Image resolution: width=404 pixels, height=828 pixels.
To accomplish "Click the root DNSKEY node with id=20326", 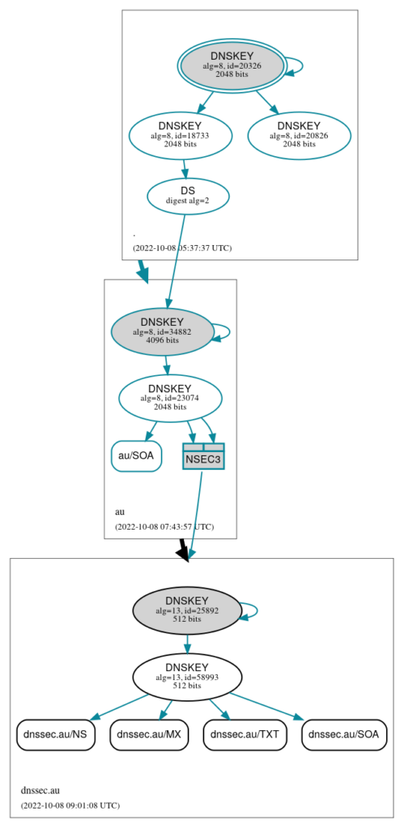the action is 232,66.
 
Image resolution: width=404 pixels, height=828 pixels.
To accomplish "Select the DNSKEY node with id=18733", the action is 181,135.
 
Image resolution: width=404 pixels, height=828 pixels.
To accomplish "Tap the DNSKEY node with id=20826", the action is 300,135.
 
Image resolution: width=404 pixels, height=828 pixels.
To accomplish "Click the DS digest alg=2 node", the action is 188,196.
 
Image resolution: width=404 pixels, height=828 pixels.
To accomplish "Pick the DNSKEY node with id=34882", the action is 163,332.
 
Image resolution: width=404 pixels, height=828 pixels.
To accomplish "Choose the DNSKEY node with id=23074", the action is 170,398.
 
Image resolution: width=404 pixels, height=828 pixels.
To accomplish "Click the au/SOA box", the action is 137,455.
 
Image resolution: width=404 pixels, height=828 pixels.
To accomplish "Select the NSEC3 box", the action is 203,456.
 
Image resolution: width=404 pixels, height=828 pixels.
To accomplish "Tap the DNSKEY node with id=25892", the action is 187,610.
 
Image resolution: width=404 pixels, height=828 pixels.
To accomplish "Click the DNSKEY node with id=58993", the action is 187,677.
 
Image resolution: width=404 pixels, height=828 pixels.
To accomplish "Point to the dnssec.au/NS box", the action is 56,734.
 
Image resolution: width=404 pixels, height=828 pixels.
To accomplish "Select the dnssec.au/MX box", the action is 149,734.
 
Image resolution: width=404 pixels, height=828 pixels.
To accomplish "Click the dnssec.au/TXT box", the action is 245,734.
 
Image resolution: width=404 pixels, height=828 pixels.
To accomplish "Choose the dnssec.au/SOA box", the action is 344,734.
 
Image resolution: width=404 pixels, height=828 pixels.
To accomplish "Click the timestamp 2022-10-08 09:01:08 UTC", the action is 70,805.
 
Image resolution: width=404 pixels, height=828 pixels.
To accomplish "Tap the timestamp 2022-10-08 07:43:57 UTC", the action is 164,526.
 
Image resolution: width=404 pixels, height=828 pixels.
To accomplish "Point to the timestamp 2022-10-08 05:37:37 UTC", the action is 182,247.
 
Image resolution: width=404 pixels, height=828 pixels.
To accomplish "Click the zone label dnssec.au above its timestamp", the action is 40,791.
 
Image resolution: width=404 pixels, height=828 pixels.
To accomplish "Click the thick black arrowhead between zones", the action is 183,552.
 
